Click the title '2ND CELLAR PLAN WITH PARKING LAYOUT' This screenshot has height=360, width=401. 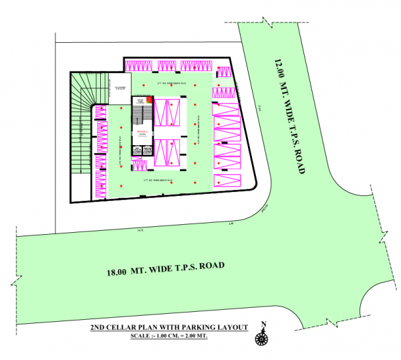point(169,327)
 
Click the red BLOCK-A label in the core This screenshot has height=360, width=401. point(142,132)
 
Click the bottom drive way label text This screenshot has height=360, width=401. point(160,181)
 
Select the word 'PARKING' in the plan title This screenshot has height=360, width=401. point(191,327)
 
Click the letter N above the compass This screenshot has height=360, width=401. point(264,327)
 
